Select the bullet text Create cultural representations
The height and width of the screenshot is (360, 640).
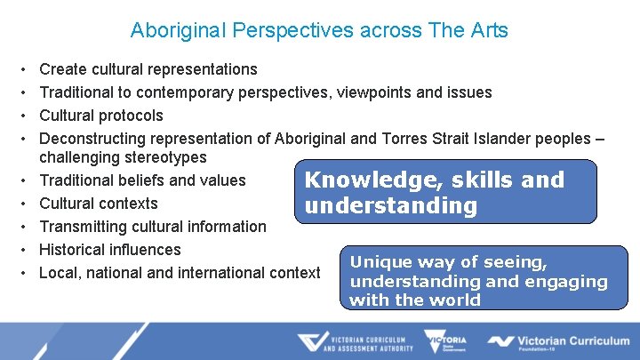[148, 69]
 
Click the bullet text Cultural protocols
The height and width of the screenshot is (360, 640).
[101, 116]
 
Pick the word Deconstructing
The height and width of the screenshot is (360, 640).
[92, 139]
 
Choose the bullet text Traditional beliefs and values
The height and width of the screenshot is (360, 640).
[142, 180]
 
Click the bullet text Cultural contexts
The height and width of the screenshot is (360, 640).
[99, 204]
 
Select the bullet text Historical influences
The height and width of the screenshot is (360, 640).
[110, 250]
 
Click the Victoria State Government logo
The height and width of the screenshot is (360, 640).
[446, 341]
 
